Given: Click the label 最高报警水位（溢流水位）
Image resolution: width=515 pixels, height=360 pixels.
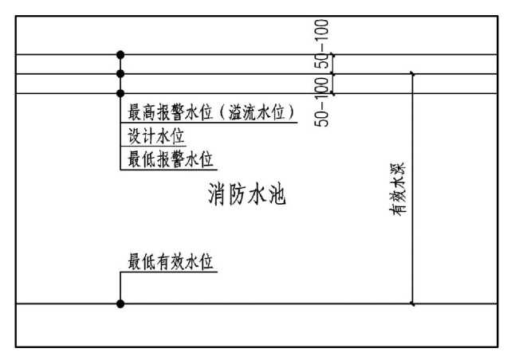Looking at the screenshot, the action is (212, 112).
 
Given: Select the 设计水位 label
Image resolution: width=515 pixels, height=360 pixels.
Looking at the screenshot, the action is (155, 136).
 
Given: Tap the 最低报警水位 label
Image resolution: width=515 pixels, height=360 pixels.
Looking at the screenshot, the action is (171, 159).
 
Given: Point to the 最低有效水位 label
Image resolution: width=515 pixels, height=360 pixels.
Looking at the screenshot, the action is (171, 261).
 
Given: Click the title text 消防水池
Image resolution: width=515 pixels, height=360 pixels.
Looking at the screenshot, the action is (247, 194).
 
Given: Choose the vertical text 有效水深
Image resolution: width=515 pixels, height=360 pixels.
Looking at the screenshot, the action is (398, 189).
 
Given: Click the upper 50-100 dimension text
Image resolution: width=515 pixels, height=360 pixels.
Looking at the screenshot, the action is (321, 44).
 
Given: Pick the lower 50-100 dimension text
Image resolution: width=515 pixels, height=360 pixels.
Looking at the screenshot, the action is (321, 102).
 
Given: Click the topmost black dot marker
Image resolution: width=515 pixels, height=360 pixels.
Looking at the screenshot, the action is (120, 55).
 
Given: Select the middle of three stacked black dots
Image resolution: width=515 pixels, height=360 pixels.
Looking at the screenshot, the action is (120, 74).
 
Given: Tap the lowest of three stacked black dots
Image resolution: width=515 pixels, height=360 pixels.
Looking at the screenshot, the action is (120, 93).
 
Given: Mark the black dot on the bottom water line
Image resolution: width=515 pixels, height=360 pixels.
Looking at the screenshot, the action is (120, 304).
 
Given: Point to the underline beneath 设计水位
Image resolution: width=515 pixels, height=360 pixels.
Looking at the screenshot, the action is (153, 146).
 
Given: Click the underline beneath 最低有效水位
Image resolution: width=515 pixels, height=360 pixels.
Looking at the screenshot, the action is (169, 272).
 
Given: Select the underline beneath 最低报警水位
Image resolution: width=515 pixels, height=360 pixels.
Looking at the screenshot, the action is (169, 170).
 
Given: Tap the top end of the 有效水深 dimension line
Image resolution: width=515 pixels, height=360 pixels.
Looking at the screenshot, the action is (413, 74).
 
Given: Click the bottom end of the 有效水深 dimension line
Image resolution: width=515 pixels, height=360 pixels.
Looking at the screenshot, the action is (413, 304).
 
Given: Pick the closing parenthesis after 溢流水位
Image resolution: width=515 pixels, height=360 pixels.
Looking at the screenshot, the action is (291, 113).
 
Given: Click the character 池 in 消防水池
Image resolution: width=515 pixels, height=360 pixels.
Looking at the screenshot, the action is (277, 194).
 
